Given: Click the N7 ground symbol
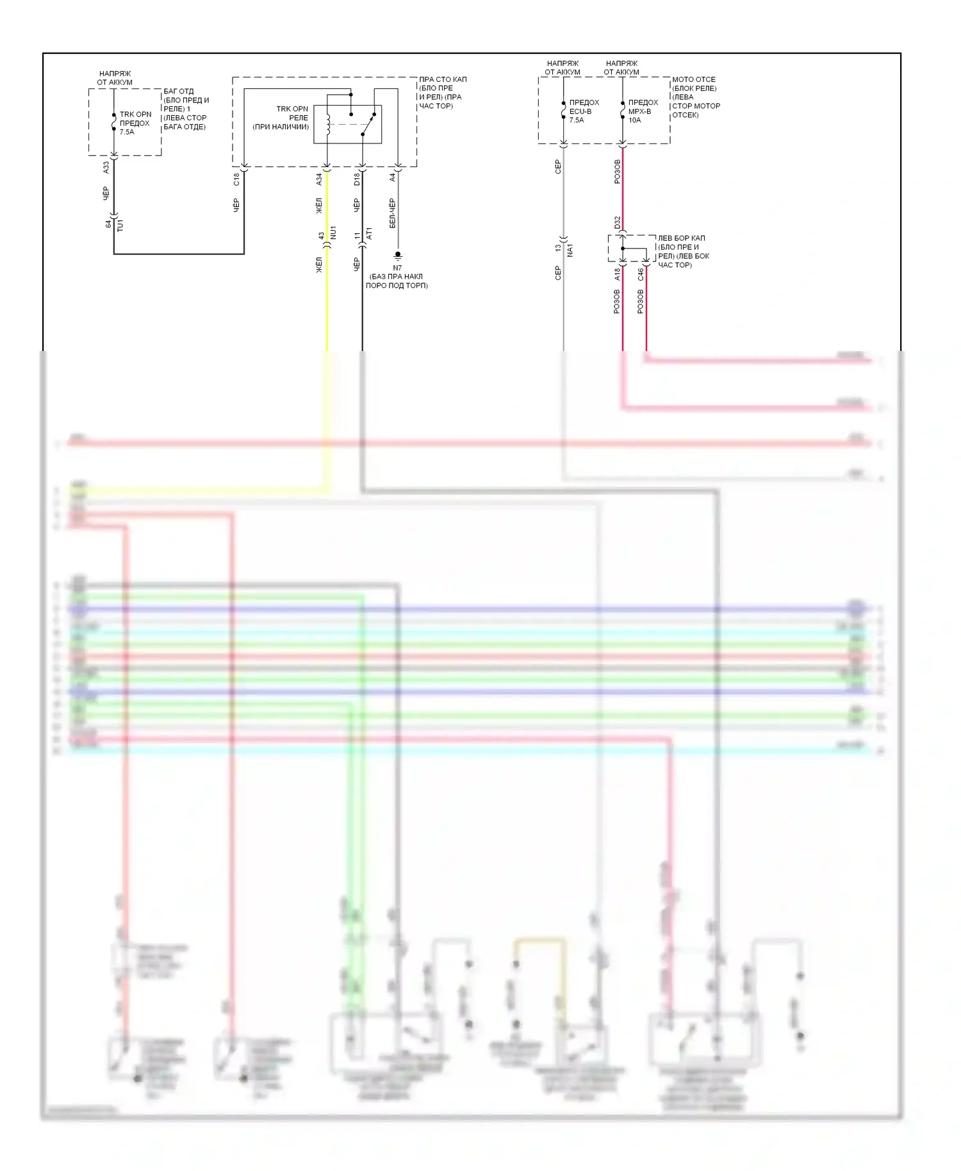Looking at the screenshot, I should click(398, 256).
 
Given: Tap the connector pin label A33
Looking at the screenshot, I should click(106, 167).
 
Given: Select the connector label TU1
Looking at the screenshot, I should click(120, 225).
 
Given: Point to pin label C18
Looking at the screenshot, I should click(236, 179).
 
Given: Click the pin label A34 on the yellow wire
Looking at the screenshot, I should click(319, 180).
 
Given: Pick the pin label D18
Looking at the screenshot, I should click(357, 180).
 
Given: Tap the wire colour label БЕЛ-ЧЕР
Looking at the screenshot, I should click(392, 213).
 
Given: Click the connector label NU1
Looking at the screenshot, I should click(333, 233).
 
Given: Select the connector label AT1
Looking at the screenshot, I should click(369, 234).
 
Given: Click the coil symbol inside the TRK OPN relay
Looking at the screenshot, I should click(328, 125).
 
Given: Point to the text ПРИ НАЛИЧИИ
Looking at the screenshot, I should click(281, 127).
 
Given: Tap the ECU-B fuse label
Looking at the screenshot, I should click(580, 111).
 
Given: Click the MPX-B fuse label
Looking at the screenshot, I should click(639, 111).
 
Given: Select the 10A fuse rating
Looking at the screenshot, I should click(634, 120).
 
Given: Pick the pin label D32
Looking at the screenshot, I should click(618, 222).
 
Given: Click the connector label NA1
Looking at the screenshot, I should click(570, 250).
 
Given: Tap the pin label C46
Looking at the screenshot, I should click(641, 274).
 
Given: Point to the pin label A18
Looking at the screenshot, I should click(618, 274).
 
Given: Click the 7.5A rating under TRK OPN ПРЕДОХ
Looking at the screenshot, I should click(127, 132).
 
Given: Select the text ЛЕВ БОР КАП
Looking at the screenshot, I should click(681, 238).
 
